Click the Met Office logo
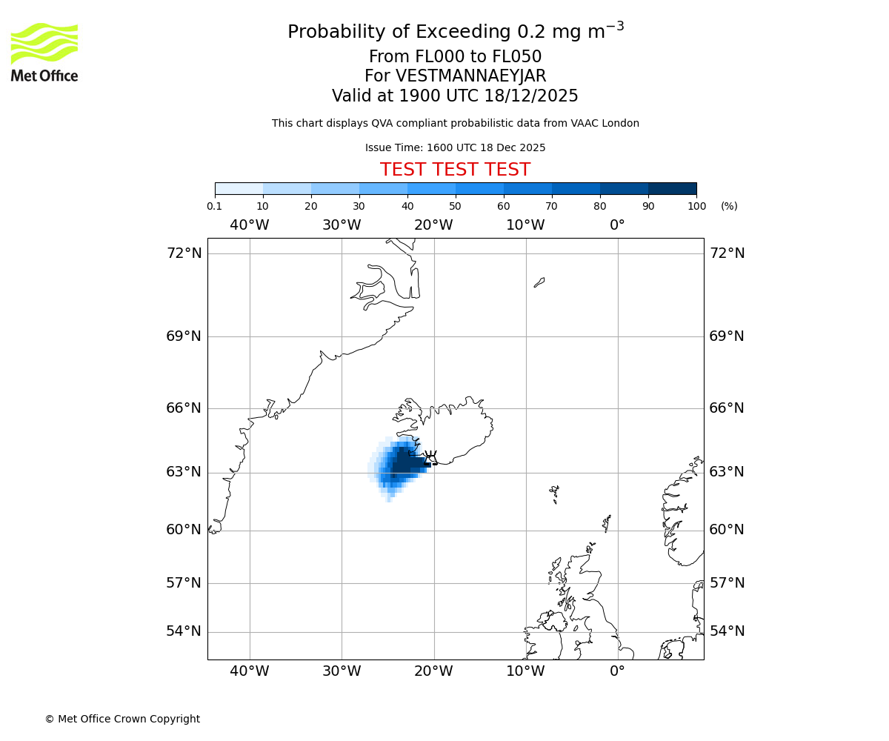pos(44,52)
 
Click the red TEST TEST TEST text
pos(455,170)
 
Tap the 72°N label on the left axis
pos(184,253)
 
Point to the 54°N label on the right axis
pos(727,631)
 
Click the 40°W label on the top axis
pos(250,225)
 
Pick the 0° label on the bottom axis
pos(617,672)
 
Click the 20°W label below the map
pos(433,672)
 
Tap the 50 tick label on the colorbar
pos(455,206)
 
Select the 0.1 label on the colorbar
pos(214,206)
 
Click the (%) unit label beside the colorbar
pos(729,206)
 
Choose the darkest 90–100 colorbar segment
pos(672,188)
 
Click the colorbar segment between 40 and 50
pos(431,188)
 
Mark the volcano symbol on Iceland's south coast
pos(430,456)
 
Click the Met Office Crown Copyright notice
pos(122,719)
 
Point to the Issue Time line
pos(455,147)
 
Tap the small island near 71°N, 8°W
pos(539,282)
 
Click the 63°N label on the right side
pos(727,472)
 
